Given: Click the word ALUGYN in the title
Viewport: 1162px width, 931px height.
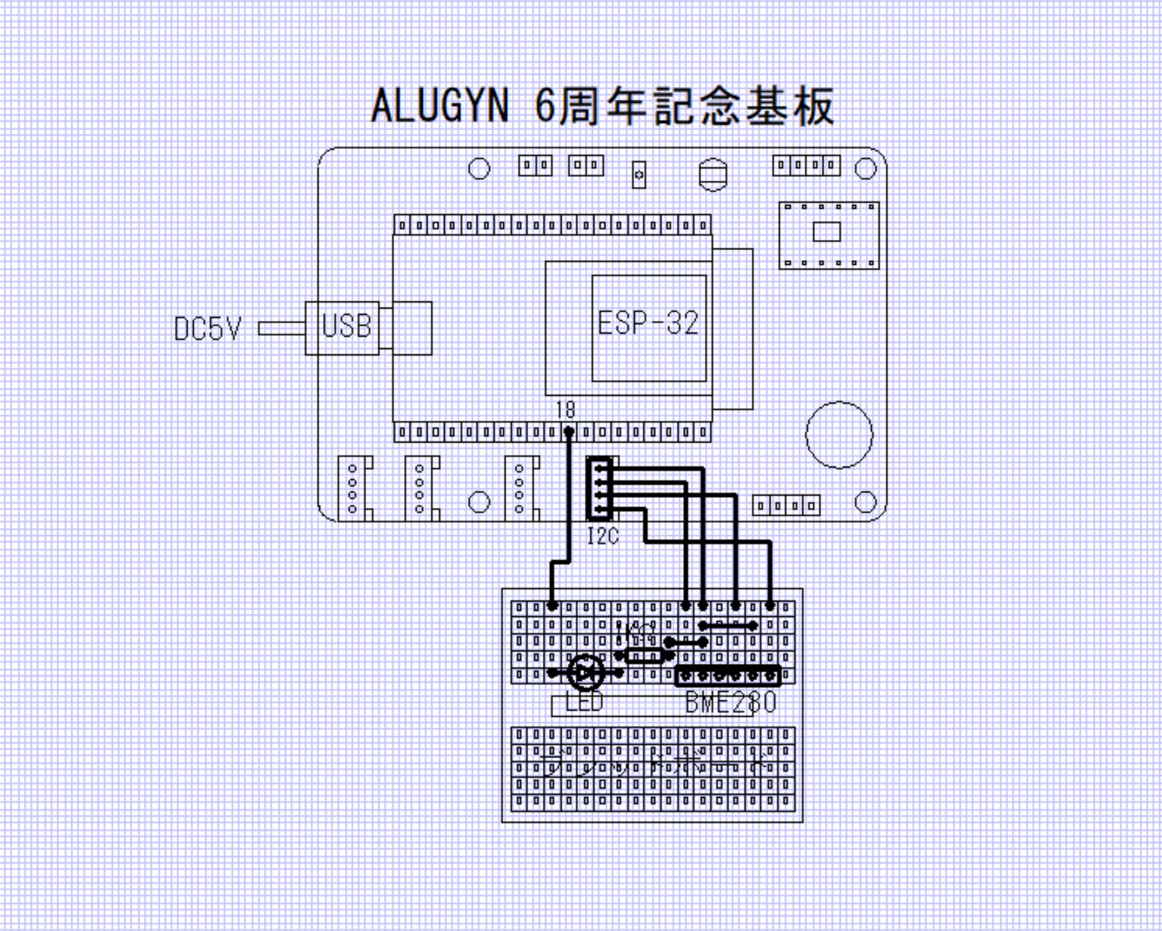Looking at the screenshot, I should [439, 105].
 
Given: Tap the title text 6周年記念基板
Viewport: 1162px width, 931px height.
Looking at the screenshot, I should [684, 105].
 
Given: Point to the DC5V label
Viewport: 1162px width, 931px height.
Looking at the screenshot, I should [207, 329].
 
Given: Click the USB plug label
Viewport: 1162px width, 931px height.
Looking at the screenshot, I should [346, 326].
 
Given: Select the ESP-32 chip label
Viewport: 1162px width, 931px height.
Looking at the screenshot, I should [648, 323].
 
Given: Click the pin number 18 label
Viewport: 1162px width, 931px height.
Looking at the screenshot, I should [565, 409].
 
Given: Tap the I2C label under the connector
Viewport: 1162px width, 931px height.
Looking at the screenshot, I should [602, 536].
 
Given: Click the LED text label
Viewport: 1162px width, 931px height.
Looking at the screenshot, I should [584, 703].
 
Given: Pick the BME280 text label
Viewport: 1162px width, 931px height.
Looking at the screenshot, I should [731, 703].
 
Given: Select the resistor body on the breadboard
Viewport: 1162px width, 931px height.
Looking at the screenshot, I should [644, 656].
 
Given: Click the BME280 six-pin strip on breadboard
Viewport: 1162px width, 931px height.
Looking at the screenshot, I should [727, 676].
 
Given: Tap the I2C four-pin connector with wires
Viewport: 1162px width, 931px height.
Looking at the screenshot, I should [599, 489].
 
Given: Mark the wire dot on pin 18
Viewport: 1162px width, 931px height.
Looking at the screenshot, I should [569, 431].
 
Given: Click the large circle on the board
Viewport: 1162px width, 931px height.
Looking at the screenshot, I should [839, 434].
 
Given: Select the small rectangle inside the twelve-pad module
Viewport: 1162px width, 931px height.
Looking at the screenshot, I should [827, 232].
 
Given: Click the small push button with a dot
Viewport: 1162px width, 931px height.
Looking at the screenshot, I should [638, 175].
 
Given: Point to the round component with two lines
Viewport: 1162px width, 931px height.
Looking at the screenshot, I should [713, 174].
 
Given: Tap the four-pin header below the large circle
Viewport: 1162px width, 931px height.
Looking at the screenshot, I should [785, 505].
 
